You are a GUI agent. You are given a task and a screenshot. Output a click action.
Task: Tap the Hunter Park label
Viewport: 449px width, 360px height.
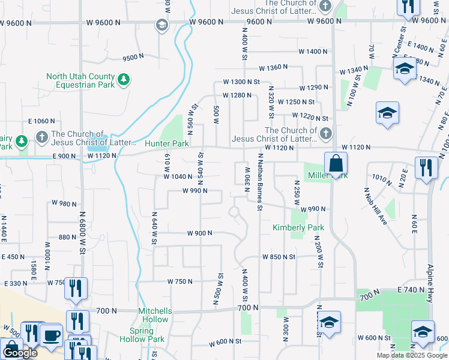pyautogui.click(x=167, y=144)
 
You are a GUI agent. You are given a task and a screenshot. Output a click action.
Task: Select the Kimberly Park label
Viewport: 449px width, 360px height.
pyautogui.click(x=298, y=228)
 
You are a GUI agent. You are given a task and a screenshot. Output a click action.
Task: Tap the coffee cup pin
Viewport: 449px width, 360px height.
pyautogui.click(x=52, y=334)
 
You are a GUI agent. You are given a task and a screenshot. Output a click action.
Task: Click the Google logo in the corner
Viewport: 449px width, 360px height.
pyautogui.click(x=20, y=353)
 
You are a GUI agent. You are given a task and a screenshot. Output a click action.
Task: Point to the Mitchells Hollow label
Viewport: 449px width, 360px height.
pyautogui.click(x=155, y=311)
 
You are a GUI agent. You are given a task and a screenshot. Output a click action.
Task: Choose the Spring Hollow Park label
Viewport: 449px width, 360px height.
pyautogui.click(x=147, y=335)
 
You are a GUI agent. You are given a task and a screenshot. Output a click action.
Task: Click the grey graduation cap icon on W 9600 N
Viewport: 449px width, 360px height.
pyautogui.click(x=161, y=25)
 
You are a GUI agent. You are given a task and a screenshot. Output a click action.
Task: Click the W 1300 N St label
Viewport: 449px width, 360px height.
pyautogui.click(x=240, y=82)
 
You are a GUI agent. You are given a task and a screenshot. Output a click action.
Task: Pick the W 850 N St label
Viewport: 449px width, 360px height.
pyautogui.click(x=279, y=257)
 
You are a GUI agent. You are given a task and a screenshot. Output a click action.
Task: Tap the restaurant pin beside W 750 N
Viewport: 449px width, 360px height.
pyautogui.click(x=76, y=288)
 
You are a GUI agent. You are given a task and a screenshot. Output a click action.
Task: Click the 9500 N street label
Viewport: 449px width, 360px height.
pyautogui.click(x=133, y=58)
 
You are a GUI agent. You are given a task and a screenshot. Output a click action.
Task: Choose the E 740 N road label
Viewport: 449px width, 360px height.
pyautogui.click(x=411, y=290)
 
